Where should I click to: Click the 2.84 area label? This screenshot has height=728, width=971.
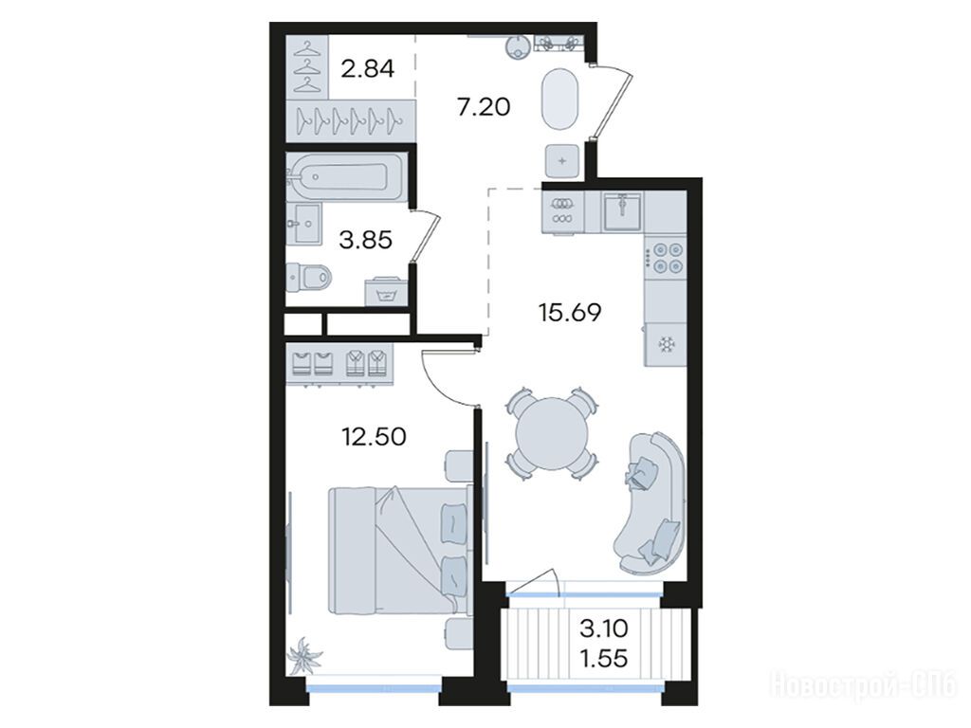pos(368,68)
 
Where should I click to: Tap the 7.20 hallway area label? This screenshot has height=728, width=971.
pos(484,106)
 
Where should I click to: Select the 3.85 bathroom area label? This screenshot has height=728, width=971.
pos(365,240)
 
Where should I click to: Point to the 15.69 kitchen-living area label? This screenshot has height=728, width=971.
pos(570,313)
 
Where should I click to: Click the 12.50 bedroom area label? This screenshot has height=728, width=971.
pos(374,436)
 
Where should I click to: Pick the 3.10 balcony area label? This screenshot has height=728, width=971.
pos(604,629)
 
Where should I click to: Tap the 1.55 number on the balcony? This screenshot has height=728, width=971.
pos(604,658)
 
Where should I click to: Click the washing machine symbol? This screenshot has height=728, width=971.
pos(387,292)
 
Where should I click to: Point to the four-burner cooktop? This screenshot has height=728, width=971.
pos(666,258)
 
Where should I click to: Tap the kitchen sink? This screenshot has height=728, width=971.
pos(623,211)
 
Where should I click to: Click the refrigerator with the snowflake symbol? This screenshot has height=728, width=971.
pos(666,344)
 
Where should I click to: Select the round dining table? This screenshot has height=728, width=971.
pos(552,433)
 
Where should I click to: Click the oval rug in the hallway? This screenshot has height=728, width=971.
pos(560,99)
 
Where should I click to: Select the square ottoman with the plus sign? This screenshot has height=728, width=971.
pos(562,161)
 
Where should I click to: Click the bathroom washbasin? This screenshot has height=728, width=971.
pos(304,223)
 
